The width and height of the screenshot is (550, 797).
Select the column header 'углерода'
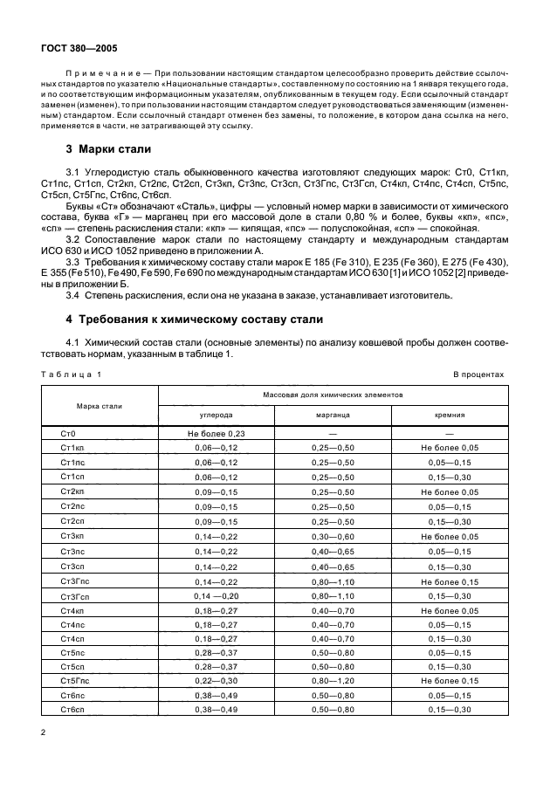coord(217,416)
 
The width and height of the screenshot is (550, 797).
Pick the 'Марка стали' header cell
coord(100,406)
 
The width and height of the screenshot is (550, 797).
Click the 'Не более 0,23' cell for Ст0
coord(217,434)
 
